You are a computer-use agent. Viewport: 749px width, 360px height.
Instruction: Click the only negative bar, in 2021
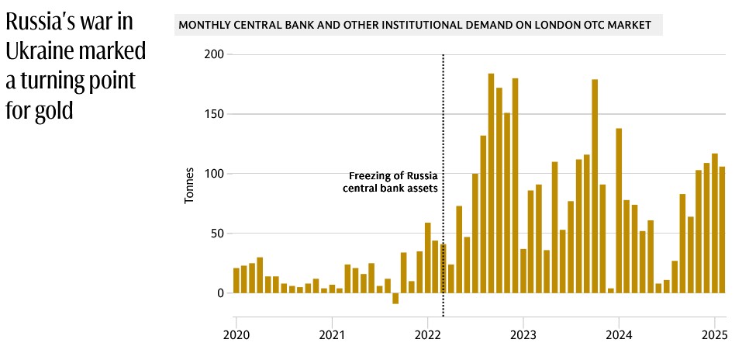click(x=395, y=299)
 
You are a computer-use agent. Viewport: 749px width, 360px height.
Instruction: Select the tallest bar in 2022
click(x=492, y=184)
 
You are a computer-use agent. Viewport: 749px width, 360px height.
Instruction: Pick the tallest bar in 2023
click(x=595, y=186)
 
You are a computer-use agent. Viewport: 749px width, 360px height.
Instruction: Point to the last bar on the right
click(x=722, y=230)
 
